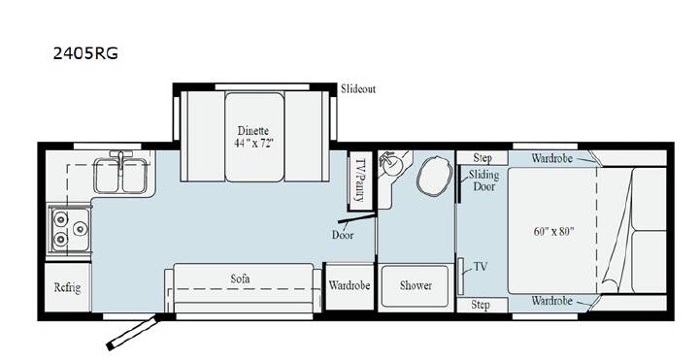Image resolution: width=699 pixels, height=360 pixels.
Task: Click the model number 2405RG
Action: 85,53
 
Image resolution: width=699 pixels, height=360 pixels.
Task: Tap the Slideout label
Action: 358,88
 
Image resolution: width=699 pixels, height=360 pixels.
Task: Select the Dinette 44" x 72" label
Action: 253,137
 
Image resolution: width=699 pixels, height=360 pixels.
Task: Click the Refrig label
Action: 67,287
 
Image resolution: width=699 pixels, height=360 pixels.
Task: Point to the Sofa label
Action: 240,278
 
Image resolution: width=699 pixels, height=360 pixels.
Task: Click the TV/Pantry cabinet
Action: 360,180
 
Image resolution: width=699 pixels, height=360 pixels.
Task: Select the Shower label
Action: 416,285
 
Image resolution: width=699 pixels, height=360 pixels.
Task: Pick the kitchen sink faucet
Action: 120,159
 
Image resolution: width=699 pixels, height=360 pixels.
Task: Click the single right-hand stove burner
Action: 81,229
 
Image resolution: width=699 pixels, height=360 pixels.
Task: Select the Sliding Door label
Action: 483,180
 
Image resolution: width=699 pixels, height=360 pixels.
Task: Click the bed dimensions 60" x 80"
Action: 553,232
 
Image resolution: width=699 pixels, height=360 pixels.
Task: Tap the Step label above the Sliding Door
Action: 483,158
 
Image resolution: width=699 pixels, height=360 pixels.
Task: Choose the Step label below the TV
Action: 481,306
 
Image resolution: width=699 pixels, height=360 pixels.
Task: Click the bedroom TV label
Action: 481,267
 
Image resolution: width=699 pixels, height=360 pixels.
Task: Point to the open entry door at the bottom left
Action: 132,333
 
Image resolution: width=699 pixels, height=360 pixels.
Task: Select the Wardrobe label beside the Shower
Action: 349,285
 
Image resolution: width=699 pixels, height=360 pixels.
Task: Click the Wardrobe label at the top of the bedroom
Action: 551,158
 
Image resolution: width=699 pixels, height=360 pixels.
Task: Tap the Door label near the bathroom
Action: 343,235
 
